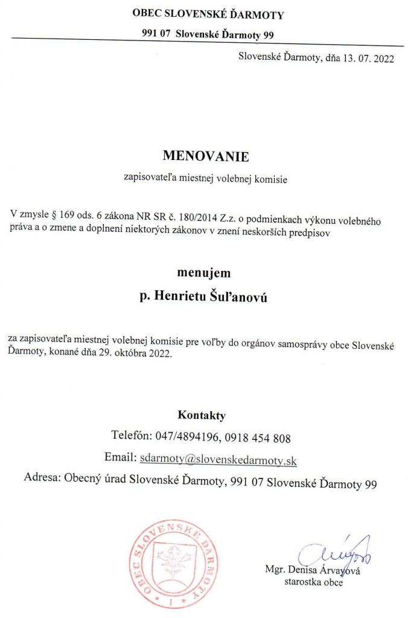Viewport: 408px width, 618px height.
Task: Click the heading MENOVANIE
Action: tap(205, 156)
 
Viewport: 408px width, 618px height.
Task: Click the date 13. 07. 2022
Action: tap(360, 59)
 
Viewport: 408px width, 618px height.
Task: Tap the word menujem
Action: tap(203, 273)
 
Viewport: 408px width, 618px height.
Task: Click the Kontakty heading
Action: tap(202, 415)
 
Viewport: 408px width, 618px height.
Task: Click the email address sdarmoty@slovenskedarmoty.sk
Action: tap(218, 459)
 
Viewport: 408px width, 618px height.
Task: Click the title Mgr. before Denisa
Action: tap(275, 570)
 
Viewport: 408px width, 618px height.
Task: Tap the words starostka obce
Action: tap(313, 582)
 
